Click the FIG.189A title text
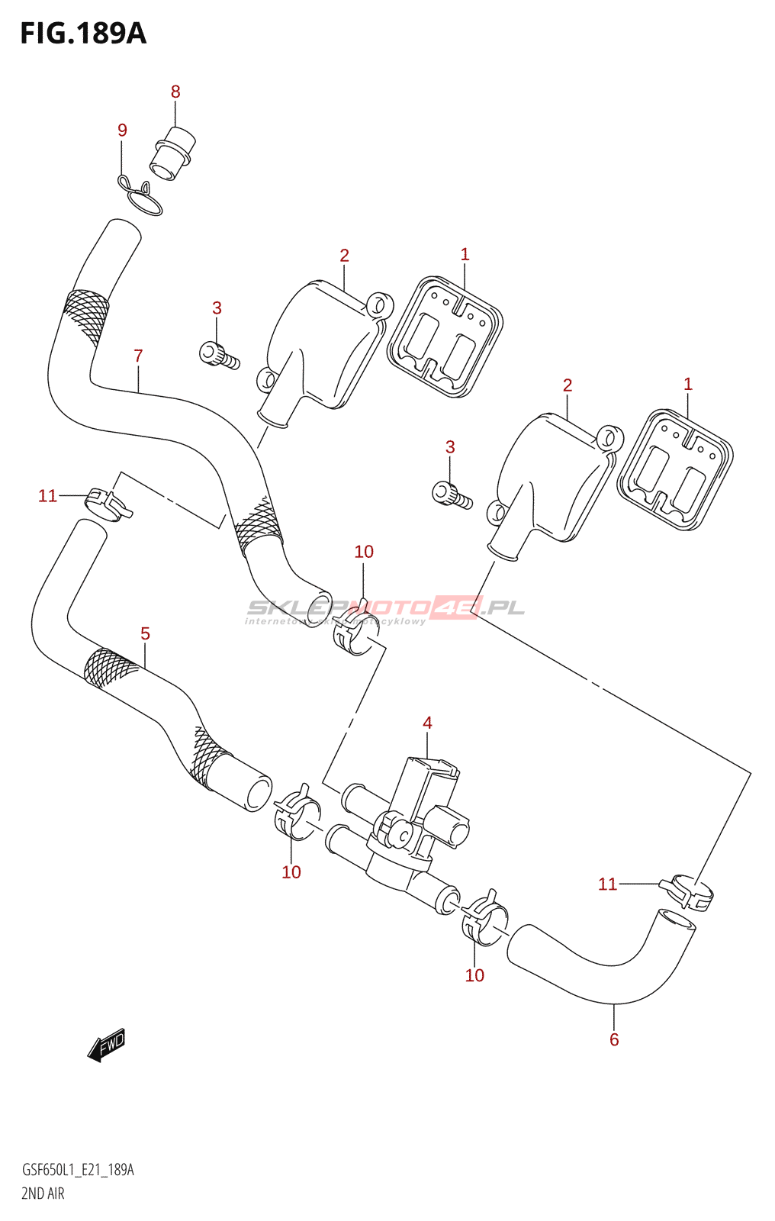(82, 34)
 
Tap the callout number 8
(175, 92)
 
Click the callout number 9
(122, 130)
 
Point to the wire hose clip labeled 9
(142, 195)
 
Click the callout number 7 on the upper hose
(138, 356)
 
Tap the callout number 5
(145, 633)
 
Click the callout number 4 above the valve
(427, 722)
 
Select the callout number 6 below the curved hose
(614, 1039)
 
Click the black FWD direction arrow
(107, 1045)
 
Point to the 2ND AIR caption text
(43, 1194)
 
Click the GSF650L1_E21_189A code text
(78, 1170)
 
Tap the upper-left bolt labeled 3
(218, 355)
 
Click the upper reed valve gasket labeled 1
(445, 337)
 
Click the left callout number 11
(47, 496)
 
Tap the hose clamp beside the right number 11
(687, 891)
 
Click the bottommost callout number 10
(474, 975)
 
